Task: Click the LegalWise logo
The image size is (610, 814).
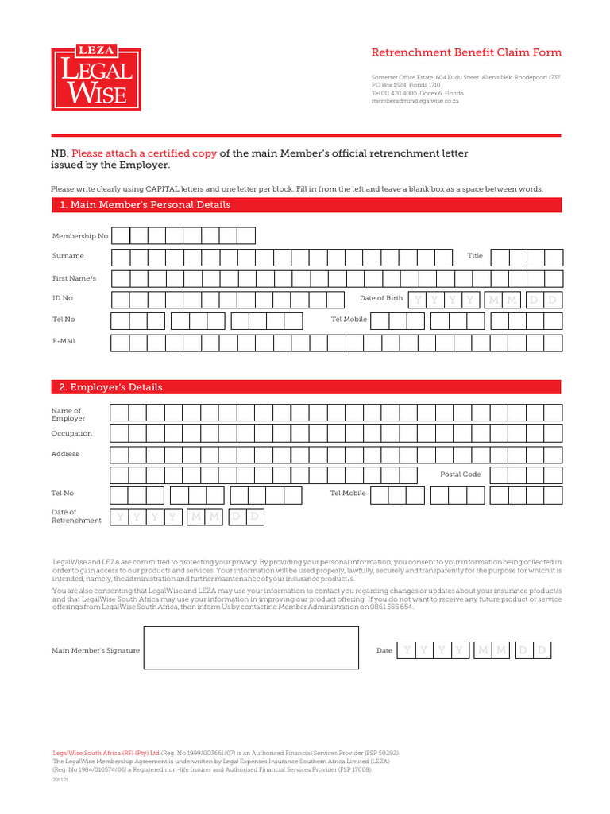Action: pyautogui.click(x=96, y=79)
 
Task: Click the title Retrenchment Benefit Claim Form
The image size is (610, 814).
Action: pyautogui.click(x=466, y=52)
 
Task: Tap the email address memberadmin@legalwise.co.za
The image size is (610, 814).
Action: pyautogui.click(x=415, y=101)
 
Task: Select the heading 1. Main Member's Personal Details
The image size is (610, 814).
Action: pyautogui.click(x=145, y=205)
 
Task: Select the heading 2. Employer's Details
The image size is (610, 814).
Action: pyautogui.click(x=111, y=387)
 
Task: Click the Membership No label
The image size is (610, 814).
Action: pyautogui.click(x=80, y=236)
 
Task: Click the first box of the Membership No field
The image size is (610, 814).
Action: pyautogui.click(x=121, y=235)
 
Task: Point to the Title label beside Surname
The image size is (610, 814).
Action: pyautogui.click(x=475, y=256)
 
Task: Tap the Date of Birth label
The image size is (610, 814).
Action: pyautogui.click(x=381, y=298)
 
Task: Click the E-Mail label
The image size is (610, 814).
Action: pyautogui.click(x=64, y=341)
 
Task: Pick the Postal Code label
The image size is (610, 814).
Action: pyautogui.click(x=461, y=474)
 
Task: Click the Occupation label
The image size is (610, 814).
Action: pyautogui.click(x=72, y=433)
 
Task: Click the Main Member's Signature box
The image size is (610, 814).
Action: pyautogui.click(x=251, y=648)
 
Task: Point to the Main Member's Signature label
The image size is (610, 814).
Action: pyautogui.click(x=95, y=650)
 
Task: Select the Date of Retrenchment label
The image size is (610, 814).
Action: pyautogui.click(x=76, y=517)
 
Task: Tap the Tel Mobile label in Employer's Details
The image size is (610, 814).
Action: pyautogui.click(x=348, y=493)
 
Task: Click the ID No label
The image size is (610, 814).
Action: pyautogui.click(x=62, y=298)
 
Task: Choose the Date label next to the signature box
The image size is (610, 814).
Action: pyautogui.click(x=384, y=650)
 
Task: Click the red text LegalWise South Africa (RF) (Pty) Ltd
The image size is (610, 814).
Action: pyautogui.click(x=106, y=752)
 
